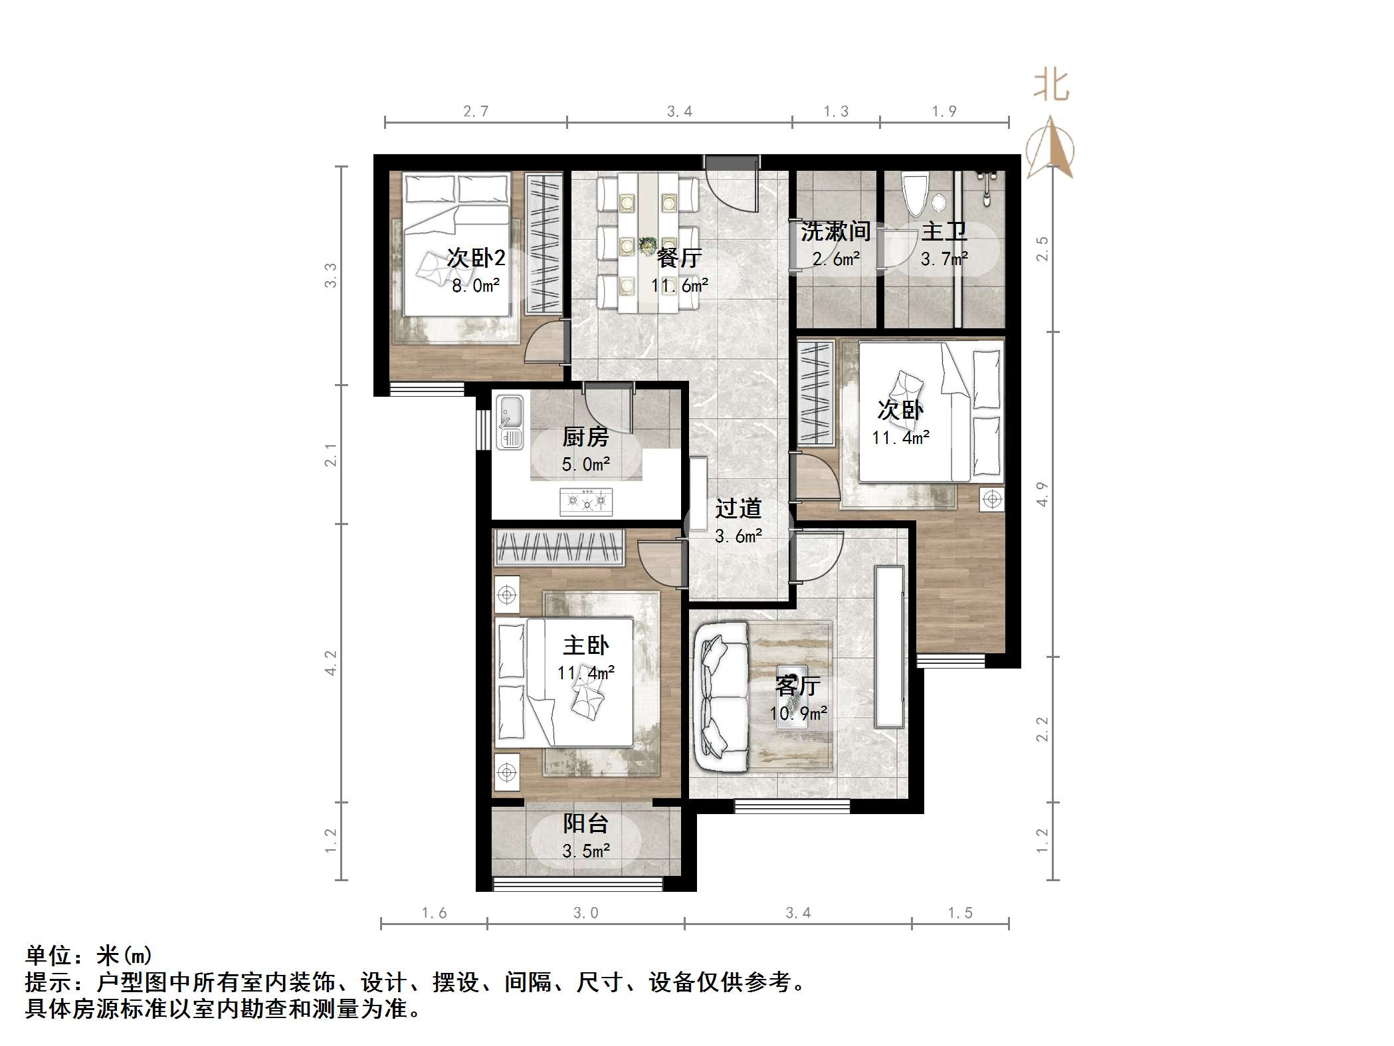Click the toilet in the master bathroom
click(x=916, y=193)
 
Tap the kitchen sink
click(x=510, y=422)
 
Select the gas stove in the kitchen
click(x=586, y=502)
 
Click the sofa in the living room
click(x=721, y=696)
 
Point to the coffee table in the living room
click(x=792, y=696)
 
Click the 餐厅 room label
click(x=679, y=258)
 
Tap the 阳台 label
click(x=585, y=824)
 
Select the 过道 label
click(x=738, y=509)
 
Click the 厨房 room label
click(x=585, y=437)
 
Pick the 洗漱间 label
click(x=835, y=231)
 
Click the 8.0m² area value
click(x=476, y=286)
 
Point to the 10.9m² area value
click(x=798, y=714)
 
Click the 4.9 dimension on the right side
click(x=1043, y=494)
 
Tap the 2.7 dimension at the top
click(x=476, y=112)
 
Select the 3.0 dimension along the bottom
click(x=585, y=913)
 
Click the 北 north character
click(x=1050, y=86)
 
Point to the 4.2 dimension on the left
click(x=330, y=663)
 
